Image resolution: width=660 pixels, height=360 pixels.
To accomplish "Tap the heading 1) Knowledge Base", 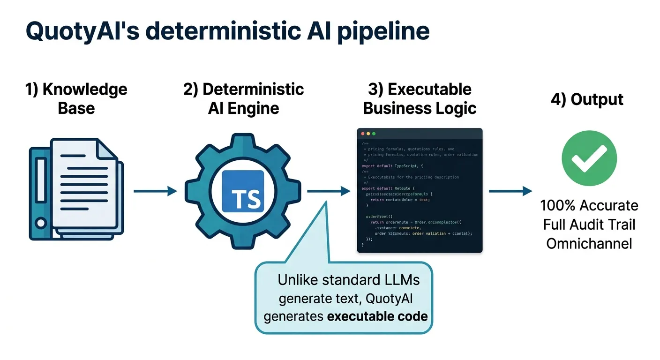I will pyautogui.click(x=76, y=98).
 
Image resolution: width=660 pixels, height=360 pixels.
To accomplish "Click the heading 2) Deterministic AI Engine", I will pyautogui.click(x=243, y=98).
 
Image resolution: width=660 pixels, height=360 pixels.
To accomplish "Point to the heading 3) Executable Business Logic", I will pyautogui.click(x=420, y=98).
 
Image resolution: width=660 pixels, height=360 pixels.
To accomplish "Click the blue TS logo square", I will pyautogui.click(x=243, y=191).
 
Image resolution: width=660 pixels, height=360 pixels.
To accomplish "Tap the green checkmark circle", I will pyautogui.click(x=589, y=158).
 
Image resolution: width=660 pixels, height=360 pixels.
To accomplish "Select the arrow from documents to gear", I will pyautogui.click(x=155, y=191).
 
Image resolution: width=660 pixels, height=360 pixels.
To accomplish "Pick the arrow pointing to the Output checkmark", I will pyautogui.click(x=510, y=191).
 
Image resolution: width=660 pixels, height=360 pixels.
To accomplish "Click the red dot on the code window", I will pyautogui.click(x=362, y=134).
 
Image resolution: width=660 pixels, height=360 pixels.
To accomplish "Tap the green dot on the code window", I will pyautogui.click(x=374, y=134).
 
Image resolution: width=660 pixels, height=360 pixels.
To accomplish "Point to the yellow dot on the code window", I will pyautogui.click(x=368, y=134).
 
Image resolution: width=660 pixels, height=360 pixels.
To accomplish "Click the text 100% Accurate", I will pyautogui.click(x=589, y=205).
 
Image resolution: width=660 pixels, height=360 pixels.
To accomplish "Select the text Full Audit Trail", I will pyautogui.click(x=589, y=225).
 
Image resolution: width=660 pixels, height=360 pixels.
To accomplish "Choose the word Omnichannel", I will pyautogui.click(x=589, y=243).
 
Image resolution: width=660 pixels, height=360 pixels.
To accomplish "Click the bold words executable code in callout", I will pyautogui.click(x=377, y=316).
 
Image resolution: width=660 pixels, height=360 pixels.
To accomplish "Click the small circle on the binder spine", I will pyautogui.click(x=41, y=222).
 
